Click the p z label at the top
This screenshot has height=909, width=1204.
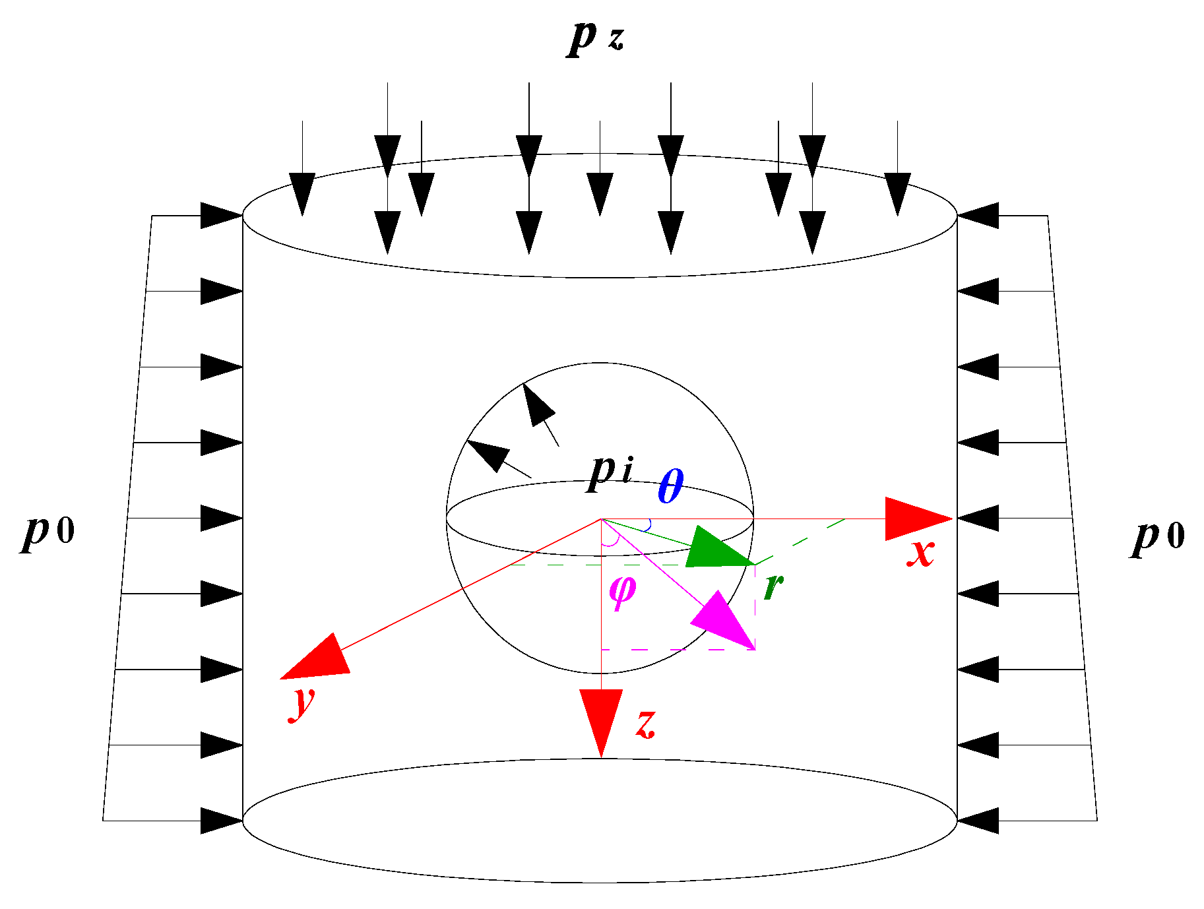pyautogui.click(x=595, y=38)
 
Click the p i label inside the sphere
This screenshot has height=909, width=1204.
pyautogui.click(x=610, y=471)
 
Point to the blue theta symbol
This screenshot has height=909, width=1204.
pyautogui.click(x=671, y=487)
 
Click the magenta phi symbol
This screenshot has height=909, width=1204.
pyautogui.click(x=622, y=591)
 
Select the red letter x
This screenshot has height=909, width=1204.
pyautogui.click(x=921, y=551)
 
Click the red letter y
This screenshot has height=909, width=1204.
pyautogui.click(x=302, y=702)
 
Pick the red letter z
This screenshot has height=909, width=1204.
pyautogui.click(x=646, y=723)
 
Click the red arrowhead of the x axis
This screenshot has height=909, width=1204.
pyautogui.click(x=914, y=519)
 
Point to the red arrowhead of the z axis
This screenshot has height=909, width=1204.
pyautogui.click(x=601, y=716)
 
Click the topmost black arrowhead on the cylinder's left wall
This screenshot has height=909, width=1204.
pyautogui.click(x=220, y=216)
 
